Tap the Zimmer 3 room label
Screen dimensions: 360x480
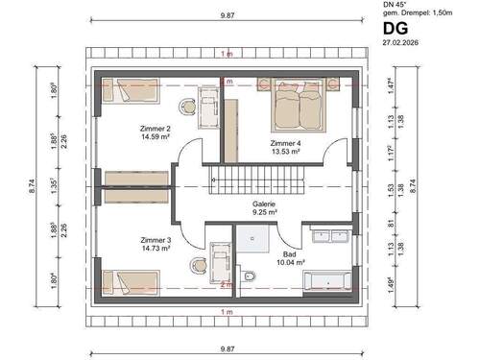point(156,239)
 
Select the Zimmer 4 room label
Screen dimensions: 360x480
point(287,142)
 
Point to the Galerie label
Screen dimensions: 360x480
point(264,204)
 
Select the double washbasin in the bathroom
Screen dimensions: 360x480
point(330,234)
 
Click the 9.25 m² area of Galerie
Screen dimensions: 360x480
point(264,212)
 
